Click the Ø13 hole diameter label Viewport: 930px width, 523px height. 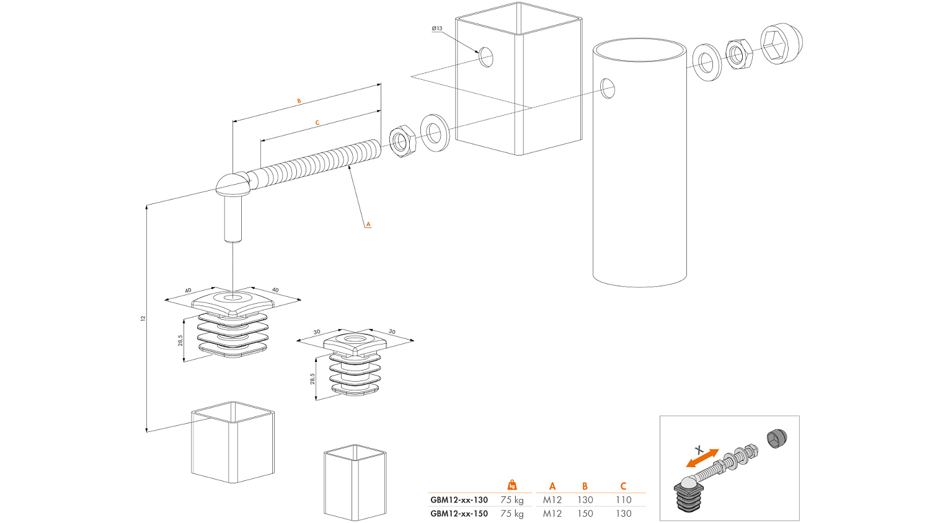(437, 29)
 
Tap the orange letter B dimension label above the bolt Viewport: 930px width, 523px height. (299, 101)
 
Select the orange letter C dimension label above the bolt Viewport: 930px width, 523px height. (317, 123)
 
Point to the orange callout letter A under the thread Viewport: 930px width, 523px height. (368, 224)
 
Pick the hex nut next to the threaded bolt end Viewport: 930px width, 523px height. (402, 141)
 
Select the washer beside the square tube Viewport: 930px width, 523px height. (435, 131)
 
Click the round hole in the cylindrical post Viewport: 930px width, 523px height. (608, 88)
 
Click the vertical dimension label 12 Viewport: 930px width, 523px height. (143, 318)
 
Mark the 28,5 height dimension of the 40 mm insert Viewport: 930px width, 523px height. (180, 340)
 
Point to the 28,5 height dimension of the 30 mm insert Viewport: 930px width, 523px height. (312, 378)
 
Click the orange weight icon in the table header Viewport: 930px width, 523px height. (511, 485)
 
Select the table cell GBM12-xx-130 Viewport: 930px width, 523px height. (459, 500)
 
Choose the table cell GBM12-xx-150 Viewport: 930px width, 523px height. (459, 514)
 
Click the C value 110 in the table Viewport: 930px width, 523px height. (624, 500)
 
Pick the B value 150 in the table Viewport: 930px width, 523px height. (585, 514)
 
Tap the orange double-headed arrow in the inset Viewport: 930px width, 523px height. (702, 458)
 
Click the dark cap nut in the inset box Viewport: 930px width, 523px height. (777, 438)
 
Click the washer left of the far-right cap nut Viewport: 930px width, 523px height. (706, 61)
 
